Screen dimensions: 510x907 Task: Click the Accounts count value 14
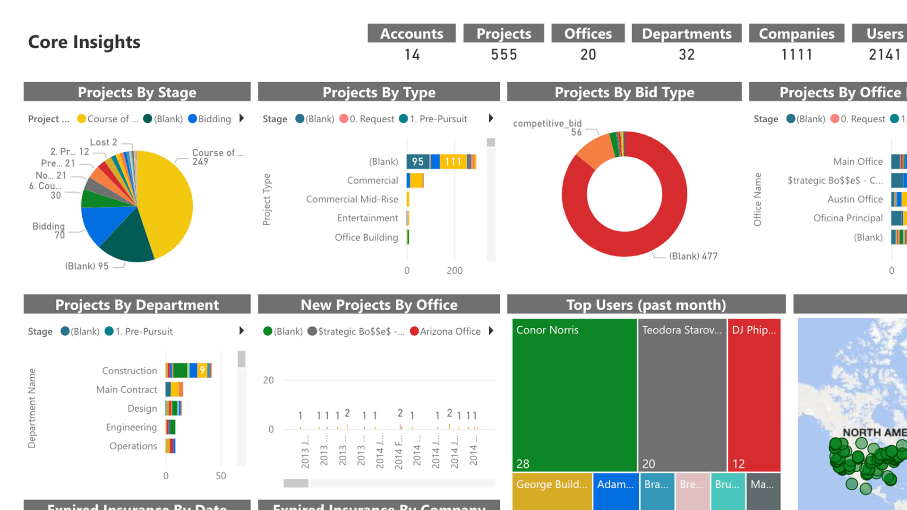pyautogui.click(x=412, y=55)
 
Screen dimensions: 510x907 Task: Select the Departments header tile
pyautogui.click(x=686, y=34)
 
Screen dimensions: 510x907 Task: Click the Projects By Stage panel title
pyautogui.click(x=137, y=92)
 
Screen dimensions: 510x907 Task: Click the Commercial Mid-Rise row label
pyautogui.click(x=352, y=199)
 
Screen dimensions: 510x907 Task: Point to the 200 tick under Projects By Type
pyautogui.click(x=454, y=271)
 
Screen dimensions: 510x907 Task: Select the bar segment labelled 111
pyautogui.click(x=453, y=161)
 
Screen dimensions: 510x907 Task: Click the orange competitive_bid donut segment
pyautogui.click(x=595, y=150)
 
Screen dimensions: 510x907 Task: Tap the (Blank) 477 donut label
pyautogui.click(x=693, y=256)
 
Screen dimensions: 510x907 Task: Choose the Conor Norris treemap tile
pyautogui.click(x=574, y=395)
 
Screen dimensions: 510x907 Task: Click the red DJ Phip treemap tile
pyautogui.click(x=754, y=395)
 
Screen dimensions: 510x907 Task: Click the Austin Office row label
pyautogui.click(x=855, y=199)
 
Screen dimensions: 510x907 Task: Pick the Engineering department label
pyautogui.click(x=131, y=427)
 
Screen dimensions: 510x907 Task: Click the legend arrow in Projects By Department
pyautogui.click(x=241, y=331)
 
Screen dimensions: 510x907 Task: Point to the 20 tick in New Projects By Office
pyautogui.click(x=268, y=380)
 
